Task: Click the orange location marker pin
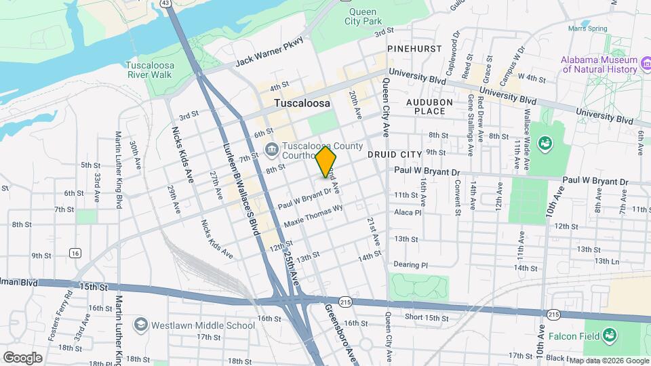(326, 161)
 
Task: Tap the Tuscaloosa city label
(302, 104)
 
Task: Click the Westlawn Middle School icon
(141, 325)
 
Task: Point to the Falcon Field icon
(610, 335)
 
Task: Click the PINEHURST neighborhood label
(414, 49)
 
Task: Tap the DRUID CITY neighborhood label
(395, 155)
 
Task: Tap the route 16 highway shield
(75, 253)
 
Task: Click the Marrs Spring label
(587, 28)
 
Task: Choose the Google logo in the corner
(22, 357)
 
